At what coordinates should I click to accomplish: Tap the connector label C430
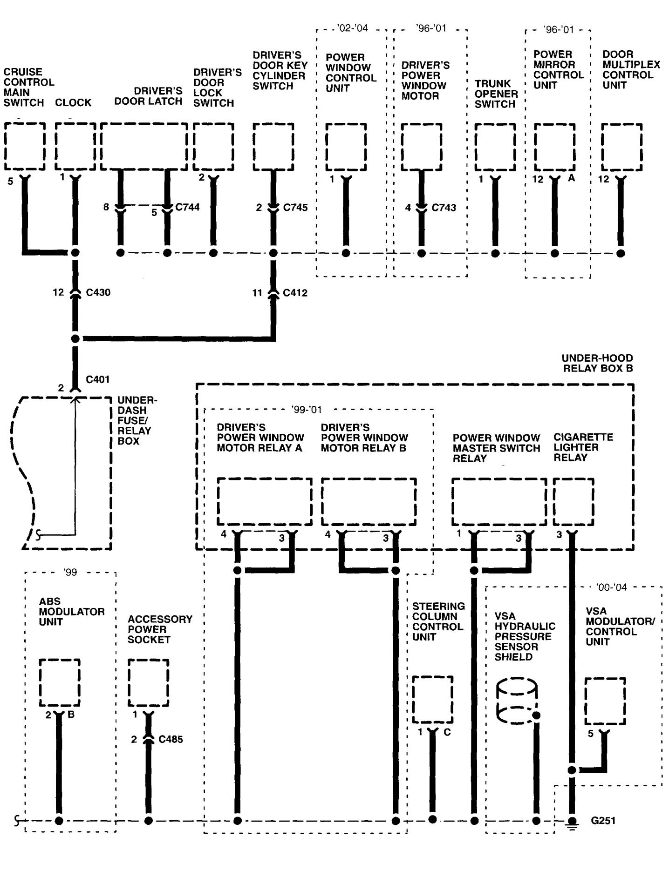point(98,293)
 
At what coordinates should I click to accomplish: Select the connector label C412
point(295,293)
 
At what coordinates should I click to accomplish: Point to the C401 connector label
point(98,379)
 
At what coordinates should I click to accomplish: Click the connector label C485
point(171,739)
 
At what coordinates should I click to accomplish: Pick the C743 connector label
point(444,208)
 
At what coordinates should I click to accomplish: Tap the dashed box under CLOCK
point(75,147)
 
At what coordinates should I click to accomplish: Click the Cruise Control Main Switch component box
point(25,147)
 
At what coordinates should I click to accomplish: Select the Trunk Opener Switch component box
point(495,147)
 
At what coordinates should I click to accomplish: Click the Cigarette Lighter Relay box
point(573,501)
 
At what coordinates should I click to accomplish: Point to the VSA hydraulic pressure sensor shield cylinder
point(517,701)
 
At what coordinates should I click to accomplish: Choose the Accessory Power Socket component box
point(148,683)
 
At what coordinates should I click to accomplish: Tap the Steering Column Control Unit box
point(432,700)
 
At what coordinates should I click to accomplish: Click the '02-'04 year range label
point(353,28)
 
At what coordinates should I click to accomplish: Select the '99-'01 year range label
point(307,410)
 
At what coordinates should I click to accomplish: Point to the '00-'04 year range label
point(611,587)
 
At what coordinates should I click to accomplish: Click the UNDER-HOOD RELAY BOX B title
point(597,363)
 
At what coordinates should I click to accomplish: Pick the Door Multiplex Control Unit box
point(621,147)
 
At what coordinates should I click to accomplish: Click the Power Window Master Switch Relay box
point(499,501)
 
